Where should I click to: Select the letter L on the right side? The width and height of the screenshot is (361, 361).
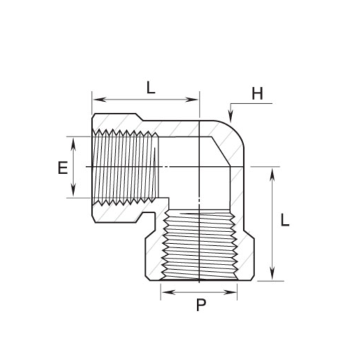[x=285, y=220]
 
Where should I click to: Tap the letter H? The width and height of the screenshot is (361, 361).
[x=257, y=94]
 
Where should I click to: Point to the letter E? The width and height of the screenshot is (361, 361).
[x=62, y=168]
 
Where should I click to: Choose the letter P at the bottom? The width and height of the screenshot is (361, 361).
[x=200, y=305]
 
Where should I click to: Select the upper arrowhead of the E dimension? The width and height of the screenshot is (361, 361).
[x=72, y=140]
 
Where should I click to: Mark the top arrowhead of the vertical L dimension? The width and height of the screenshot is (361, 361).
[x=272, y=171]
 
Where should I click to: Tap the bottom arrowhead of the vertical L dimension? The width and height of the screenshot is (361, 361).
[x=272, y=277]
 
